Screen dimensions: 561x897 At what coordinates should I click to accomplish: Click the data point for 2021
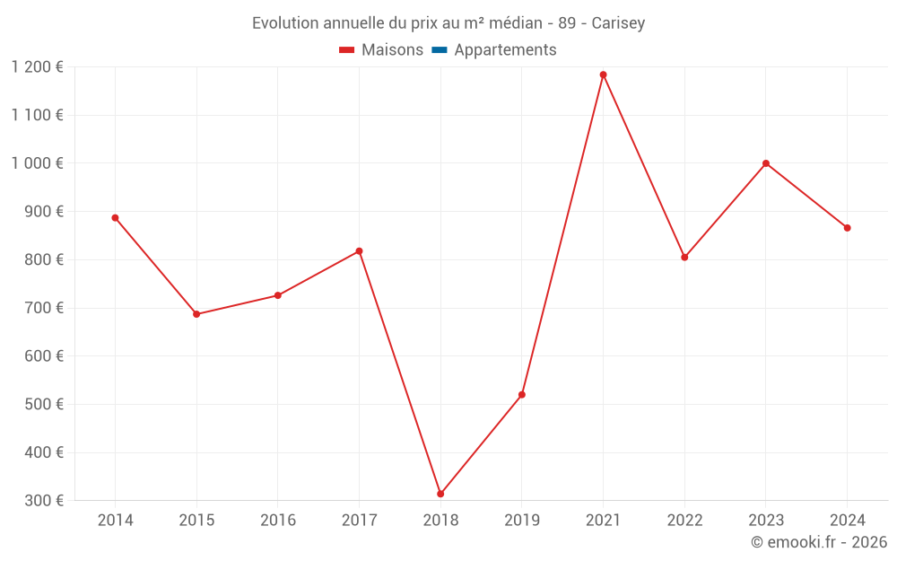[x=603, y=75]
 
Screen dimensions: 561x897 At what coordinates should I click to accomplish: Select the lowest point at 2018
[x=440, y=494]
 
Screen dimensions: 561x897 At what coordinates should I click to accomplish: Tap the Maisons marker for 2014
[x=115, y=217]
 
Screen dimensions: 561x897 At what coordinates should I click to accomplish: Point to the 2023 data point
[x=766, y=163]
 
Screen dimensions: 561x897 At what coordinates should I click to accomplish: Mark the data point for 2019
[x=522, y=395]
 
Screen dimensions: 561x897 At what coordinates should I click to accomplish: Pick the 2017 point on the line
[x=359, y=251]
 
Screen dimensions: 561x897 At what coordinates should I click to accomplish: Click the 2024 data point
[x=847, y=228]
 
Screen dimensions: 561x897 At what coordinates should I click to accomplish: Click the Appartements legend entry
[x=505, y=50]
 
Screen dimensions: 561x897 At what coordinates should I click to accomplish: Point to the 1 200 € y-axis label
[x=37, y=67]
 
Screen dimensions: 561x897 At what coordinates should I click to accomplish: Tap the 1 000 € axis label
[x=37, y=163]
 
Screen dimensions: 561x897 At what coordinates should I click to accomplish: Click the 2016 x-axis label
[x=278, y=521]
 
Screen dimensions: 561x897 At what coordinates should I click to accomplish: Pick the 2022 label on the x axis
[x=684, y=521]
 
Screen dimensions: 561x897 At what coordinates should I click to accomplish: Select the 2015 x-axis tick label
[x=196, y=521]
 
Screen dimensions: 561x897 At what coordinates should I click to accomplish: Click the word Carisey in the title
[x=618, y=23]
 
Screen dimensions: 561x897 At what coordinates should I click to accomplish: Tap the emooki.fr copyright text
[x=819, y=542]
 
